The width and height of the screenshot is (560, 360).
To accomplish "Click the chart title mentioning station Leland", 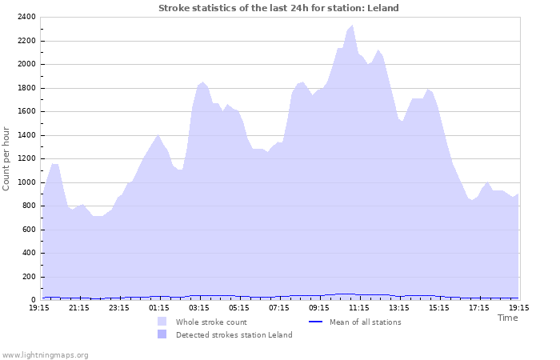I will point(278,8).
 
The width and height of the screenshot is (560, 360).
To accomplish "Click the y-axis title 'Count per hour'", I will point(7,158).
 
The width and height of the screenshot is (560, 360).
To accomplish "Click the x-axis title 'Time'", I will point(507,318).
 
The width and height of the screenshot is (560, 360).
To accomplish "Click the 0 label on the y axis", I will point(33,300).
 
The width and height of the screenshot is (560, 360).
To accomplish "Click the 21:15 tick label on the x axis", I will point(79,307).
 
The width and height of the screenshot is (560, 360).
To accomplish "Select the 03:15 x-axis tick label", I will point(199,307).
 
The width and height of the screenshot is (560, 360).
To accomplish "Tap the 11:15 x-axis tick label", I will point(359,307).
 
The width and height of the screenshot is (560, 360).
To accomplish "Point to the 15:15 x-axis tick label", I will point(439,307).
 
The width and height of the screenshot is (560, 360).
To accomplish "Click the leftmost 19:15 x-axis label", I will point(39,307).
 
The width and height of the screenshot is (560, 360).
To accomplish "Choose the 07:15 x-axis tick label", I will point(279,307).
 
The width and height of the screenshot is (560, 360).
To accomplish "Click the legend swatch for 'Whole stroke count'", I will point(162,322).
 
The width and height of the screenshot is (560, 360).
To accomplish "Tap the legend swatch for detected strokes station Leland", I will point(162,334).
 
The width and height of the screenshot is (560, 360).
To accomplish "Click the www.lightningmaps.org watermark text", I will point(45,354).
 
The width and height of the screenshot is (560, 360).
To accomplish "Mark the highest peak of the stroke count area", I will point(352,26).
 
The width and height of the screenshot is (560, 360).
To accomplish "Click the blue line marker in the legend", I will point(314,322).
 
